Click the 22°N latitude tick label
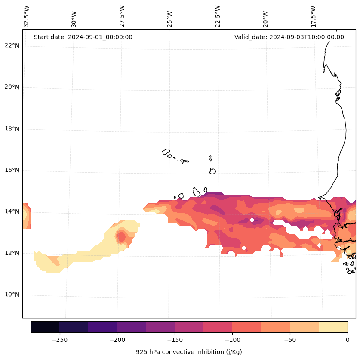coord(12,46)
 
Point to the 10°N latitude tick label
coord(12,295)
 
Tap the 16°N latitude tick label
coord(12,171)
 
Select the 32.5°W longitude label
coord(27,16)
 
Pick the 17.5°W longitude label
coord(313,16)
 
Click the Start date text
coord(83,37)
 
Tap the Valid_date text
coord(289,37)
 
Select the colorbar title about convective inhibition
coord(189,352)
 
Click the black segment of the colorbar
coord(45,327)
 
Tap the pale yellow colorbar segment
coord(333,327)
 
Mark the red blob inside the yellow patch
coord(121,236)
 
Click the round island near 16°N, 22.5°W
coord(212,171)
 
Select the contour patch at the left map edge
coord(26,215)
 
